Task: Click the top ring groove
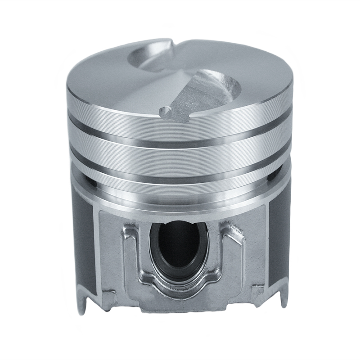pyautogui.click(x=180, y=135)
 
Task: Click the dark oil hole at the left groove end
pyautogui.click(x=92, y=183)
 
